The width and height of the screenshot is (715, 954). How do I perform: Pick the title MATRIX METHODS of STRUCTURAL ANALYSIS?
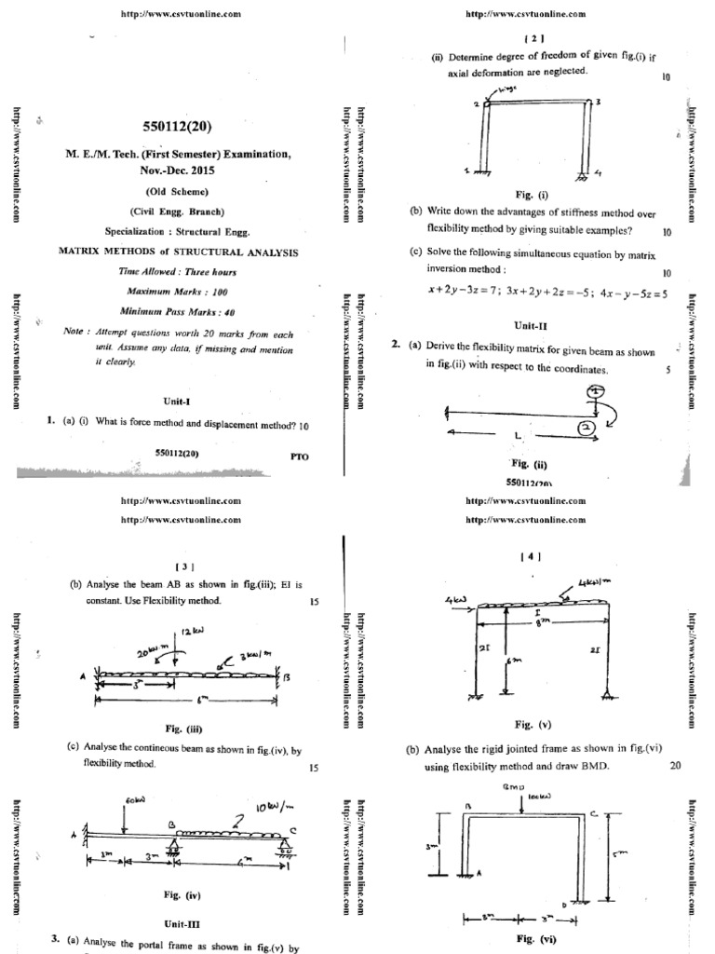178,252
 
